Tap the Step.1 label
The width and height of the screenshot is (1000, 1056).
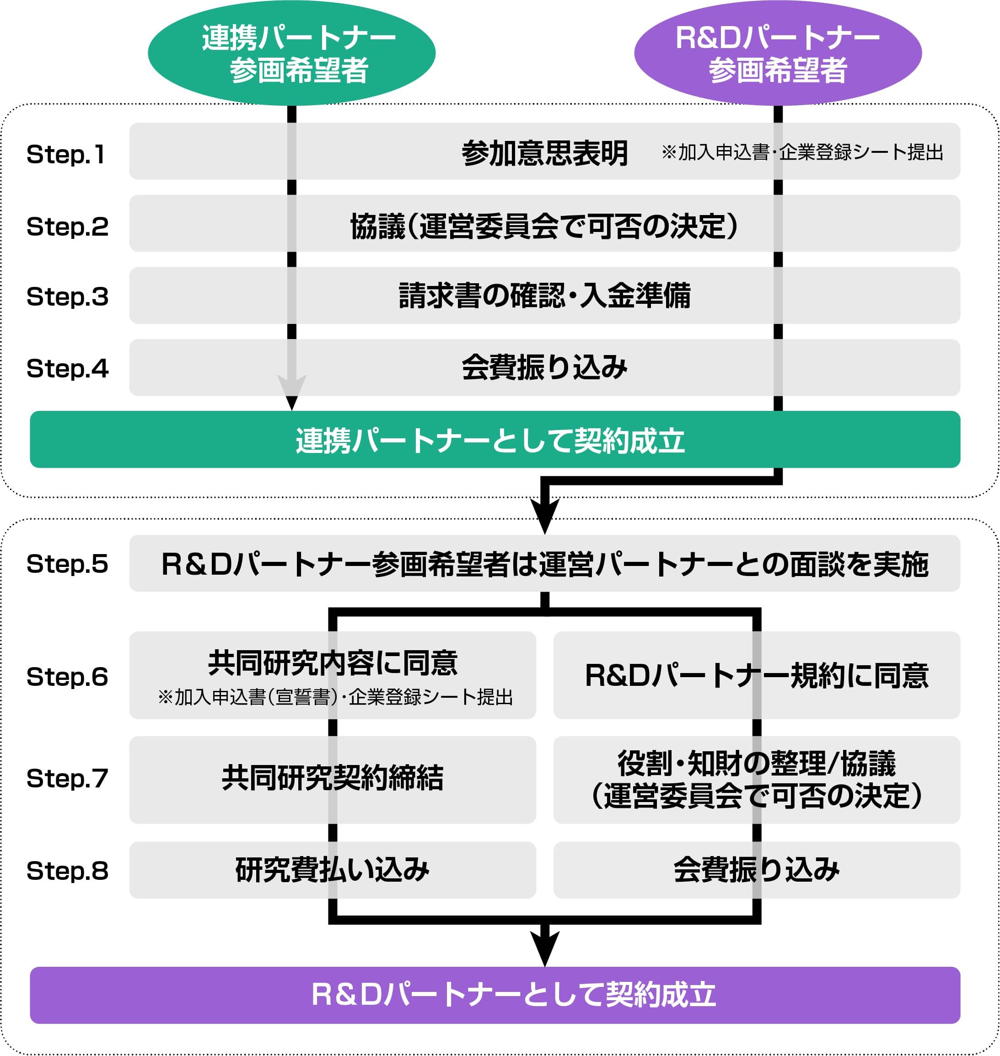point(66,154)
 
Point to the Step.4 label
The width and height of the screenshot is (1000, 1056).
point(67,368)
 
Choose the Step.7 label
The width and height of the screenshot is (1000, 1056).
point(67,778)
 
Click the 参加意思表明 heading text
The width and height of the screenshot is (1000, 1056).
point(544,154)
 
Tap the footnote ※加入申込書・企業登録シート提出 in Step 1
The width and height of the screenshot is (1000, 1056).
point(802,152)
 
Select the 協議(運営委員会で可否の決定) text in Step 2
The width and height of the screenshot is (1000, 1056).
point(544,226)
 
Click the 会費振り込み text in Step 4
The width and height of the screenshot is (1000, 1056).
point(544,367)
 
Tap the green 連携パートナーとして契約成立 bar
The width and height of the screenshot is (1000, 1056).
point(495,440)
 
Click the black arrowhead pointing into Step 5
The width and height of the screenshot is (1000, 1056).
point(544,514)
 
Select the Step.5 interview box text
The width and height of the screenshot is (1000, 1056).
point(544,564)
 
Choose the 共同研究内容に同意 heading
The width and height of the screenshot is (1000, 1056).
point(333,663)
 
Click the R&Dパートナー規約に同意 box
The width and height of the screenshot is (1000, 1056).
point(756,675)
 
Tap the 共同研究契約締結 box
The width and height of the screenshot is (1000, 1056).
point(333,778)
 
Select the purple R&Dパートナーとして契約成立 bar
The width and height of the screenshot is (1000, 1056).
point(495,995)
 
